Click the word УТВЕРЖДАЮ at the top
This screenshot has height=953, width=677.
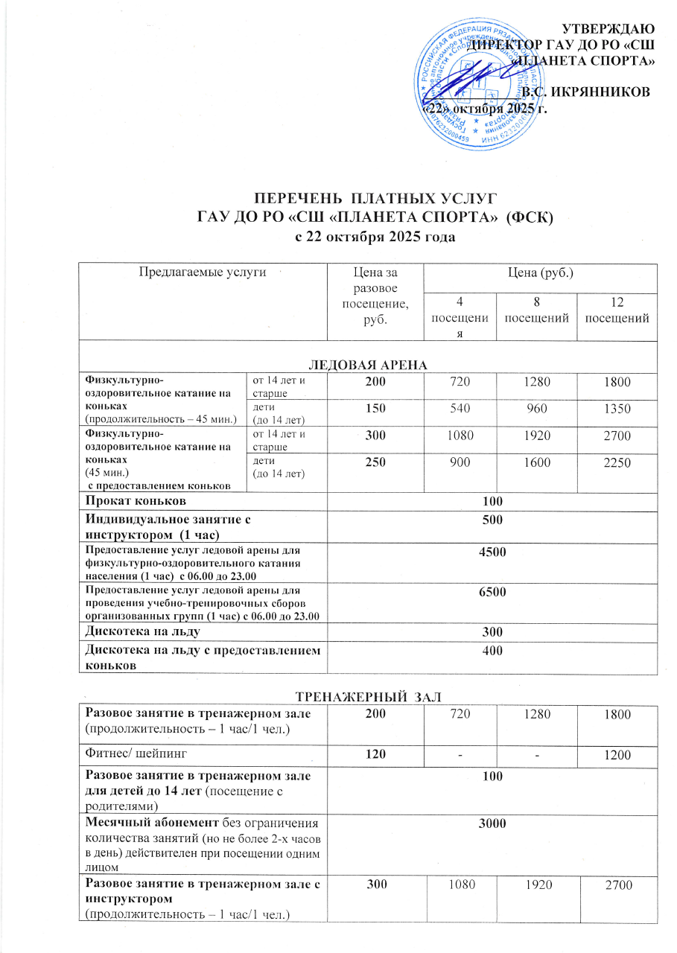click(x=608, y=29)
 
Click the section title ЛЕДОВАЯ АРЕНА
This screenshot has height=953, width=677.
click(x=367, y=363)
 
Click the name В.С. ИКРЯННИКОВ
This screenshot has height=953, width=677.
click(x=586, y=92)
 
